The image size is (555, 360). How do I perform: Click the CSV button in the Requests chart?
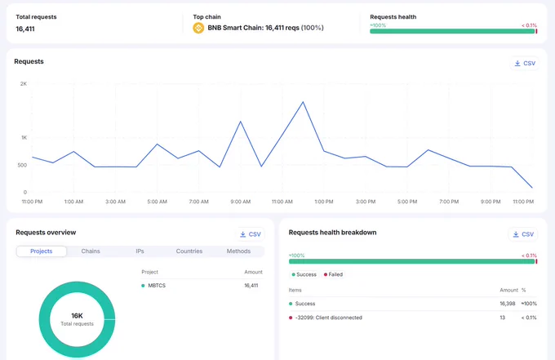[525, 64]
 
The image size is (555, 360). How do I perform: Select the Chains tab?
[91, 251]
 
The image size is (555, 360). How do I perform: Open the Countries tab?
[189, 251]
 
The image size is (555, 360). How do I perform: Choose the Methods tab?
[238, 251]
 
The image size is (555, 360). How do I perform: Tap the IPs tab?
[140, 251]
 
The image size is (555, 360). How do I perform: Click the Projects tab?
[42, 251]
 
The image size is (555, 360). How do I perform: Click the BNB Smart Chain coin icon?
[198, 28]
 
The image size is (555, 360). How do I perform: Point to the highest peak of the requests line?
[303, 102]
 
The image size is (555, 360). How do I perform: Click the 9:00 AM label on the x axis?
[240, 202]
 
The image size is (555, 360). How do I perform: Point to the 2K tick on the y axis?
[24, 84]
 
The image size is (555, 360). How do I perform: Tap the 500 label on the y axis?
[22, 165]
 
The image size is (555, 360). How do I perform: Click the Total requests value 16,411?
[25, 29]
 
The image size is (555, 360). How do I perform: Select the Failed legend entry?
[333, 274]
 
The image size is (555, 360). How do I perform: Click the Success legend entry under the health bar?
[304, 274]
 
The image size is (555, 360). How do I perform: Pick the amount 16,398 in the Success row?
[507, 304]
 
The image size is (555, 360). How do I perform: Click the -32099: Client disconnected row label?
[328, 318]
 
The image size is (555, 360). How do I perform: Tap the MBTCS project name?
[157, 286]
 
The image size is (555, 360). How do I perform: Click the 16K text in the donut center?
[77, 315]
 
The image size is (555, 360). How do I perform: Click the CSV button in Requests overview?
[251, 234]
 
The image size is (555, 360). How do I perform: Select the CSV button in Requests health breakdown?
[523, 234]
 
